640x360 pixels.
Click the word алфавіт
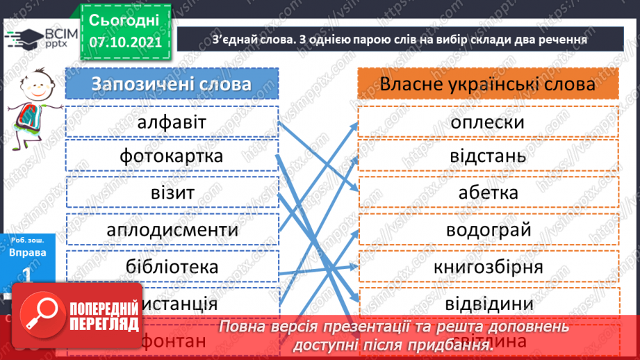coord(172,122)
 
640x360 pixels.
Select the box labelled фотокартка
coord(172,155)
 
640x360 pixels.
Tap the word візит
coord(172,193)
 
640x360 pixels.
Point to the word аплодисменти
coord(172,229)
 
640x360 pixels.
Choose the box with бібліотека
coord(172,267)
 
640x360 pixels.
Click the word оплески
coord(487,122)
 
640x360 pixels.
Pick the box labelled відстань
coord(487,155)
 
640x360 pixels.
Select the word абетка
coord(488,193)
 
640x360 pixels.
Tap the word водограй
coord(487,229)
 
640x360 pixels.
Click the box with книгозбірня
coord(488,267)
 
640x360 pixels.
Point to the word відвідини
coord(488,304)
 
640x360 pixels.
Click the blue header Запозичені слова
coord(172,84)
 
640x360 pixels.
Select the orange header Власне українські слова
coord(488,84)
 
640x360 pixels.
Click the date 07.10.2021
coord(125,42)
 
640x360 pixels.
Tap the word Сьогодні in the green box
coord(124,19)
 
